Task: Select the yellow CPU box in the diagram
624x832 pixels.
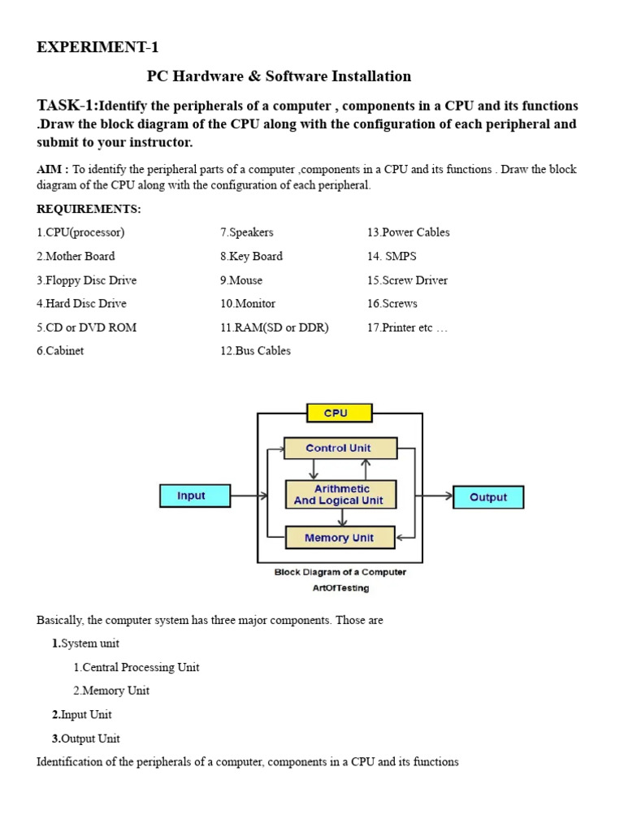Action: pyautogui.click(x=339, y=413)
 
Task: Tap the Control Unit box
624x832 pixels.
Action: pyautogui.click(x=339, y=448)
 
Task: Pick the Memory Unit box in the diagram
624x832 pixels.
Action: pyautogui.click(x=339, y=538)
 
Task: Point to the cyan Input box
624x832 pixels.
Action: pyautogui.click(x=193, y=496)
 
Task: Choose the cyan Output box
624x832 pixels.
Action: pyautogui.click(x=487, y=497)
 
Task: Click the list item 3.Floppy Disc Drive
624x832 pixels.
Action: pyautogui.click(x=86, y=280)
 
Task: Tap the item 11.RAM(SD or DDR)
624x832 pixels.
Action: pyautogui.click(x=274, y=327)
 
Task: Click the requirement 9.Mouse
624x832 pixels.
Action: pyautogui.click(x=240, y=280)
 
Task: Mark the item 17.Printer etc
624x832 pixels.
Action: pyautogui.click(x=407, y=327)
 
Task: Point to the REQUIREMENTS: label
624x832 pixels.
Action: pyautogui.click(x=89, y=209)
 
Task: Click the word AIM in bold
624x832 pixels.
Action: pyautogui.click(x=50, y=170)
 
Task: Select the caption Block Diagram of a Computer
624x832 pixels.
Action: pyautogui.click(x=340, y=572)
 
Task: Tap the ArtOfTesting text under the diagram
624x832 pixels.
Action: pyautogui.click(x=340, y=587)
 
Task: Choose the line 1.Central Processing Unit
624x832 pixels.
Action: pyautogui.click(x=136, y=667)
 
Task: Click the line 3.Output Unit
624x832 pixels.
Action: pyautogui.click(x=86, y=739)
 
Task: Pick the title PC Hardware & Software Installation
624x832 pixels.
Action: pyautogui.click(x=279, y=76)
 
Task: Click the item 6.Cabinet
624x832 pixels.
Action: pyautogui.click(x=60, y=351)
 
